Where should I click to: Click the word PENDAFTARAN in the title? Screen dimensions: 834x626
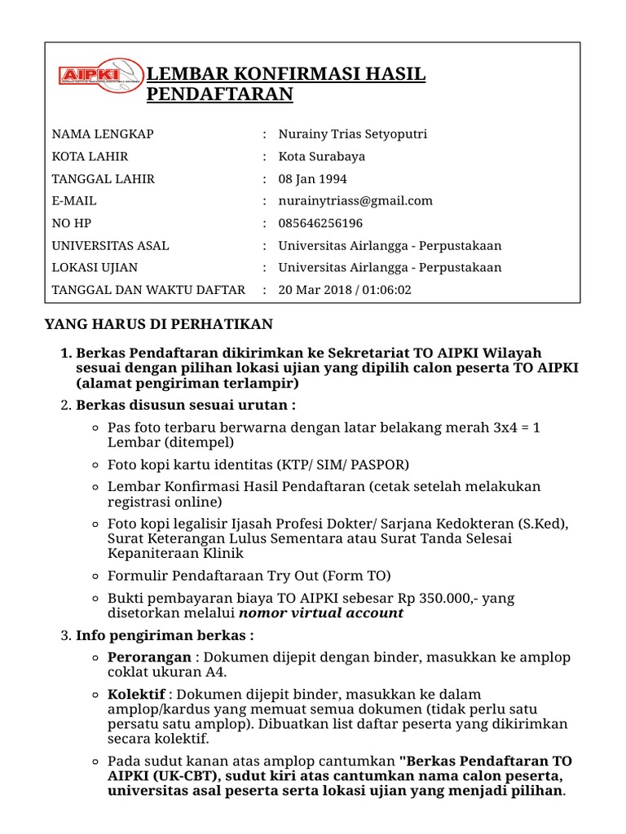tap(219, 95)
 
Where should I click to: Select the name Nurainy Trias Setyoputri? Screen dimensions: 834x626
tap(352, 134)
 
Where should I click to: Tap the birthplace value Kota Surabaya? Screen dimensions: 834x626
tap(321, 156)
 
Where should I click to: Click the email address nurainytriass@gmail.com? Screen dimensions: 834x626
tap(355, 201)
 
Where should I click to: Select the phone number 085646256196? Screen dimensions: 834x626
tap(320, 223)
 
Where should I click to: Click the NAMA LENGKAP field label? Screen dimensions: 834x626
tap(103, 134)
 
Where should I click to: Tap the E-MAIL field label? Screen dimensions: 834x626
tap(74, 201)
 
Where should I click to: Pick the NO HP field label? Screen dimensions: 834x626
tap(72, 223)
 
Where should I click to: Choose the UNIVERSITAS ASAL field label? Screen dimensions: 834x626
tap(111, 245)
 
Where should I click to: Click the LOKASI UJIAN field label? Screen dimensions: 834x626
tap(95, 267)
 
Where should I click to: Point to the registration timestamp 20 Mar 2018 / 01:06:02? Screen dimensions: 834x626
tap(345, 290)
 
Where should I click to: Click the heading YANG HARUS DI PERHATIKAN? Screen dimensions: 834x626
tap(158, 325)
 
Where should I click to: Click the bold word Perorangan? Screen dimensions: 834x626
tap(150, 657)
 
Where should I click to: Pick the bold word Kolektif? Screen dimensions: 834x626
tap(137, 695)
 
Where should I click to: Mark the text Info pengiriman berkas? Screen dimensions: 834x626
tap(163, 635)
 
